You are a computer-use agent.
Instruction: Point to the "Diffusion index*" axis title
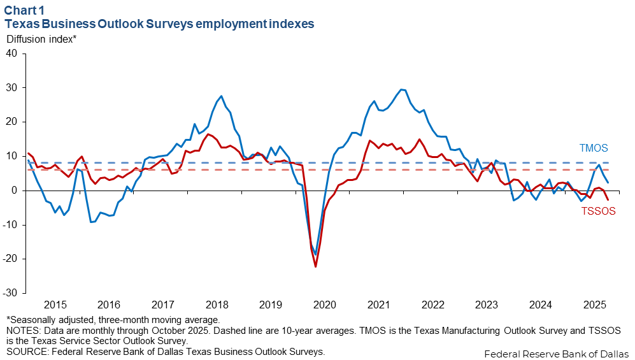pyautogui.click(x=41, y=39)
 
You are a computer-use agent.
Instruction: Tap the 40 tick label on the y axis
pyautogui.click(x=12, y=53)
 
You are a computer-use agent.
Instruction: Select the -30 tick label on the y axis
pyautogui.click(x=10, y=293)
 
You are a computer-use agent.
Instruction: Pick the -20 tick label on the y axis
pyautogui.click(x=10, y=259)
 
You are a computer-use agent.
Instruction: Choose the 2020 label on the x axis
pyautogui.click(x=325, y=304)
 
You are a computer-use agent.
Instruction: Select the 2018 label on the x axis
pyautogui.click(x=217, y=304)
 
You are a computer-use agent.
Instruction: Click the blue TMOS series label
pyautogui.click(x=594, y=148)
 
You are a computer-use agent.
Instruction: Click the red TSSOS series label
pyautogui.click(x=598, y=212)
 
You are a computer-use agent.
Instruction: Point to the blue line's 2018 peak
pyautogui.click(x=221, y=96)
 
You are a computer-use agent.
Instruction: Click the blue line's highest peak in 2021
pyautogui.click(x=401, y=89)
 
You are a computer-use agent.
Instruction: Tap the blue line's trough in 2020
pyautogui.click(x=315, y=255)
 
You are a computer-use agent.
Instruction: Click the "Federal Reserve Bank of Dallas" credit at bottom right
pyautogui.click(x=555, y=353)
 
